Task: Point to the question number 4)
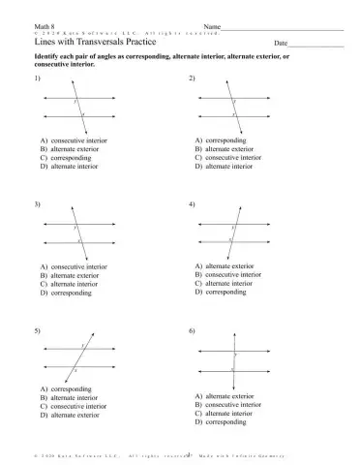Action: pos(192,205)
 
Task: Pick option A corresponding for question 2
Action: pos(225,140)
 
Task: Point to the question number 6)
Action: pos(192,331)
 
